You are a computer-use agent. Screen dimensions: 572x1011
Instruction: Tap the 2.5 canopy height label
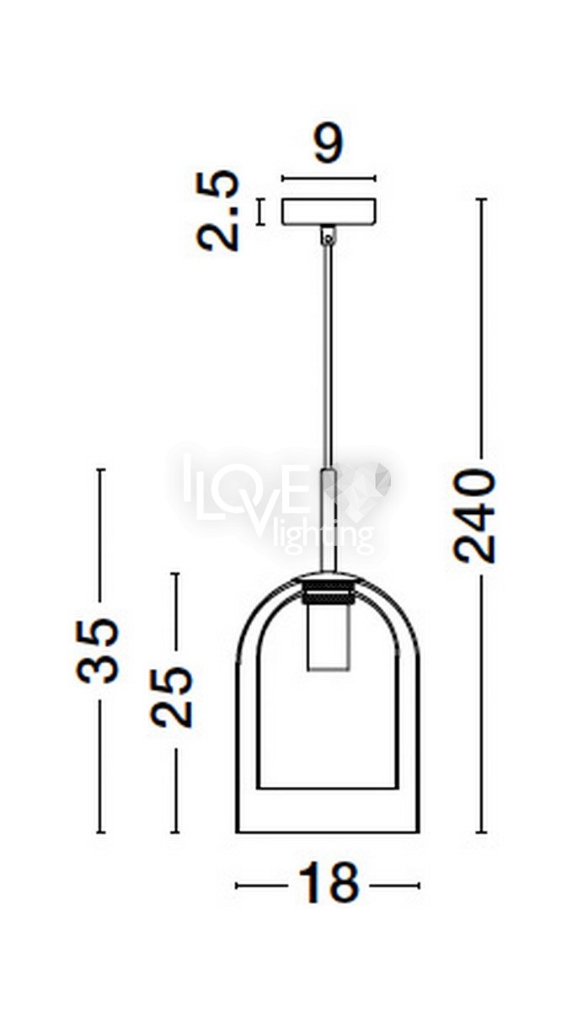(x=218, y=211)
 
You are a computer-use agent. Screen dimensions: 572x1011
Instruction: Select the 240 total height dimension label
(x=474, y=516)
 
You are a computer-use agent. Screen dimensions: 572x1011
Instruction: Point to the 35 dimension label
(x=97, y=650)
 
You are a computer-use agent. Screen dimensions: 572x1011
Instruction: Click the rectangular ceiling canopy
(x=329, y=211)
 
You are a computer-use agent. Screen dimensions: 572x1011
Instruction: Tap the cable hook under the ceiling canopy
(x=329, y=235)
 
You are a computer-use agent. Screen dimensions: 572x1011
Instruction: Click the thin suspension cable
(x=329, y=356)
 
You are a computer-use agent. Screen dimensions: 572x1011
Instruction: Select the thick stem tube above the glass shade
(x=329, y=521)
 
